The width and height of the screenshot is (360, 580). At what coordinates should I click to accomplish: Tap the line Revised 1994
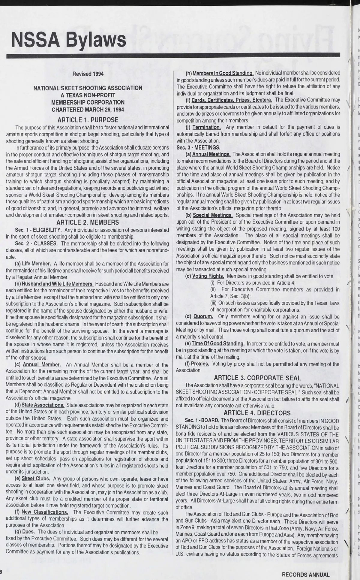[88, 74]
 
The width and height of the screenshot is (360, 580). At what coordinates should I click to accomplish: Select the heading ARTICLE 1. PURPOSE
[88, 120]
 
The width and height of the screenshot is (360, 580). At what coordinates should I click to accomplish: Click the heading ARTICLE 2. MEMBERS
[88, 222]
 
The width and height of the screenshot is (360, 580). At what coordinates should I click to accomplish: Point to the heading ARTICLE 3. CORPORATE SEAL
[257, 378]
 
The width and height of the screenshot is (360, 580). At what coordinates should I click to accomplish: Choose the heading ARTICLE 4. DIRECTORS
[257, 405]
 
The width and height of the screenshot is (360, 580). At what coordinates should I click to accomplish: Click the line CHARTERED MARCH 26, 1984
[88, 110]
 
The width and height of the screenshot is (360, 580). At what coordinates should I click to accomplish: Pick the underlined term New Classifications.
[45, 512]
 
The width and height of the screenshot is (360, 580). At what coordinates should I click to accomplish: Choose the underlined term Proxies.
[201, 364]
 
